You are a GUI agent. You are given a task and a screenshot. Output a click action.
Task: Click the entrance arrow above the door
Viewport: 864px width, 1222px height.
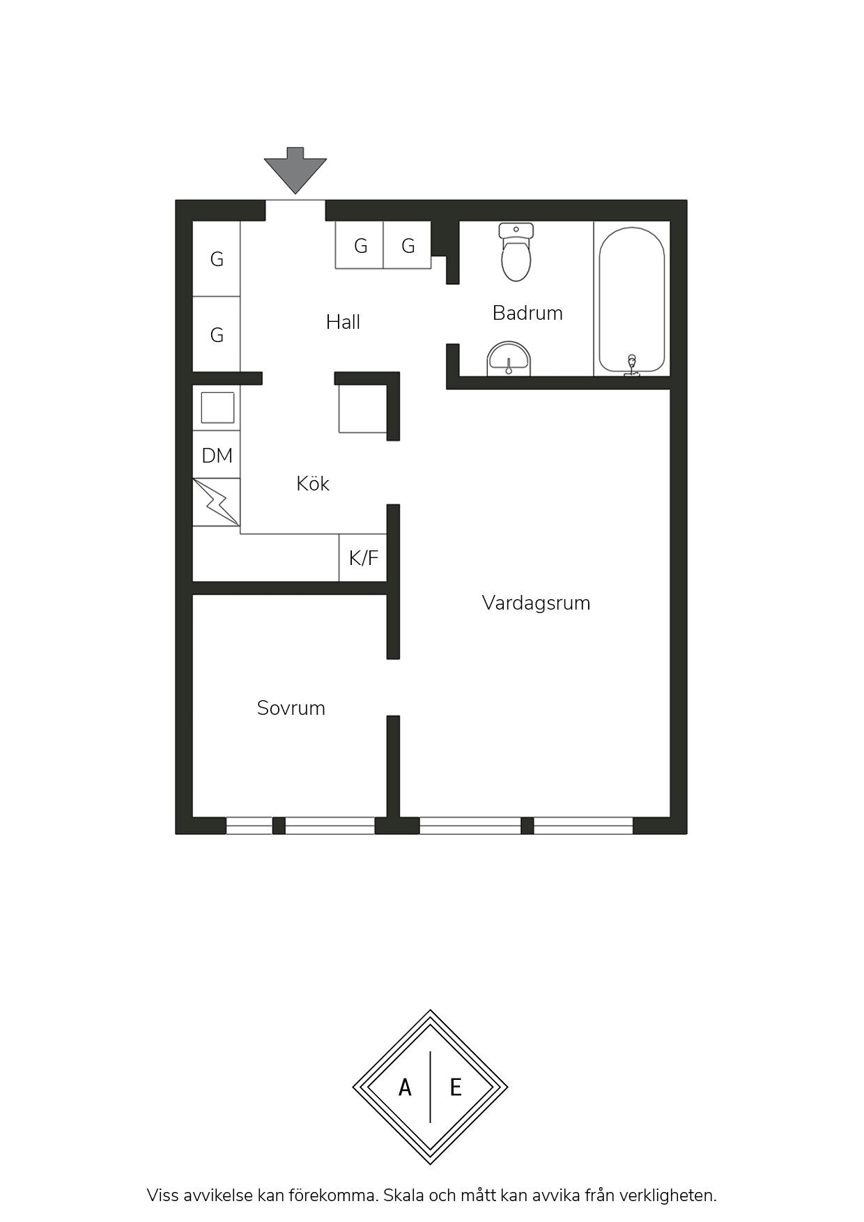[x=295, y=170]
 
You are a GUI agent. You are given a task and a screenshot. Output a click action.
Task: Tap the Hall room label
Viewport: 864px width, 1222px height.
[x=343, y=322]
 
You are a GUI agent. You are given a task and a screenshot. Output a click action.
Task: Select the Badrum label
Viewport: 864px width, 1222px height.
[x=527, y=313]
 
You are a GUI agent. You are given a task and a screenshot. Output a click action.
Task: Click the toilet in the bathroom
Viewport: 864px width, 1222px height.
[x=516, y=252]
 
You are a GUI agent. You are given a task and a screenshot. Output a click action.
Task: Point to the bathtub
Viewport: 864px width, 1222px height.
[x=632, y=300]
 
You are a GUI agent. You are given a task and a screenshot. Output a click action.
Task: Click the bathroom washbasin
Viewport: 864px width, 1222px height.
[x=509, y=359]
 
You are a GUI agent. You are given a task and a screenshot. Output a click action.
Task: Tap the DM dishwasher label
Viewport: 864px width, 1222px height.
[x=217, y=456]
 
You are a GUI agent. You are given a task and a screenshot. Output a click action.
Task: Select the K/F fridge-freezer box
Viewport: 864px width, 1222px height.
[x=363, y=557]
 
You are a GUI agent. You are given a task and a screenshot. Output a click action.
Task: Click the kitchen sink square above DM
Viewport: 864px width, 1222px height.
[x=217, y=408]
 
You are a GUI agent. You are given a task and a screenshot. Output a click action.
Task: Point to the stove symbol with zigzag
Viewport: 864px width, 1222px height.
[x=217, y=502]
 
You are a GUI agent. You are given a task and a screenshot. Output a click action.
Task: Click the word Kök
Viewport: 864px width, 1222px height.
[x=312, y=484]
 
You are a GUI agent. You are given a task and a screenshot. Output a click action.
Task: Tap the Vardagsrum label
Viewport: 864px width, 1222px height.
[x=536, y=603]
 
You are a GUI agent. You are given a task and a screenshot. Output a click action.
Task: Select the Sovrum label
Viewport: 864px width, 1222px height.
[x=291, y=708]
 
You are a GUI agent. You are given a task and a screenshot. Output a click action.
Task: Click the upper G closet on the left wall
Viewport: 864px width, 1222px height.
[x=217, y=259]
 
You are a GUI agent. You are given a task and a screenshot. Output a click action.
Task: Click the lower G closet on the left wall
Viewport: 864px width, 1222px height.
[x=217, y=334]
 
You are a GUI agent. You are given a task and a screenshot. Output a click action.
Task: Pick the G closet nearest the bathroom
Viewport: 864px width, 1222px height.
[x=408, y=245]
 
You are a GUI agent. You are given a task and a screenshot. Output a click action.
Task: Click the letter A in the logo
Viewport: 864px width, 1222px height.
[x=405, y=1087]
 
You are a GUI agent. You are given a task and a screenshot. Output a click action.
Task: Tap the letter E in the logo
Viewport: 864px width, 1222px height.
[x=456, y=1087]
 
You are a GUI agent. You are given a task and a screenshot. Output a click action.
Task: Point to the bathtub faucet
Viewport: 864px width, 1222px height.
[x=632, y=364]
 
